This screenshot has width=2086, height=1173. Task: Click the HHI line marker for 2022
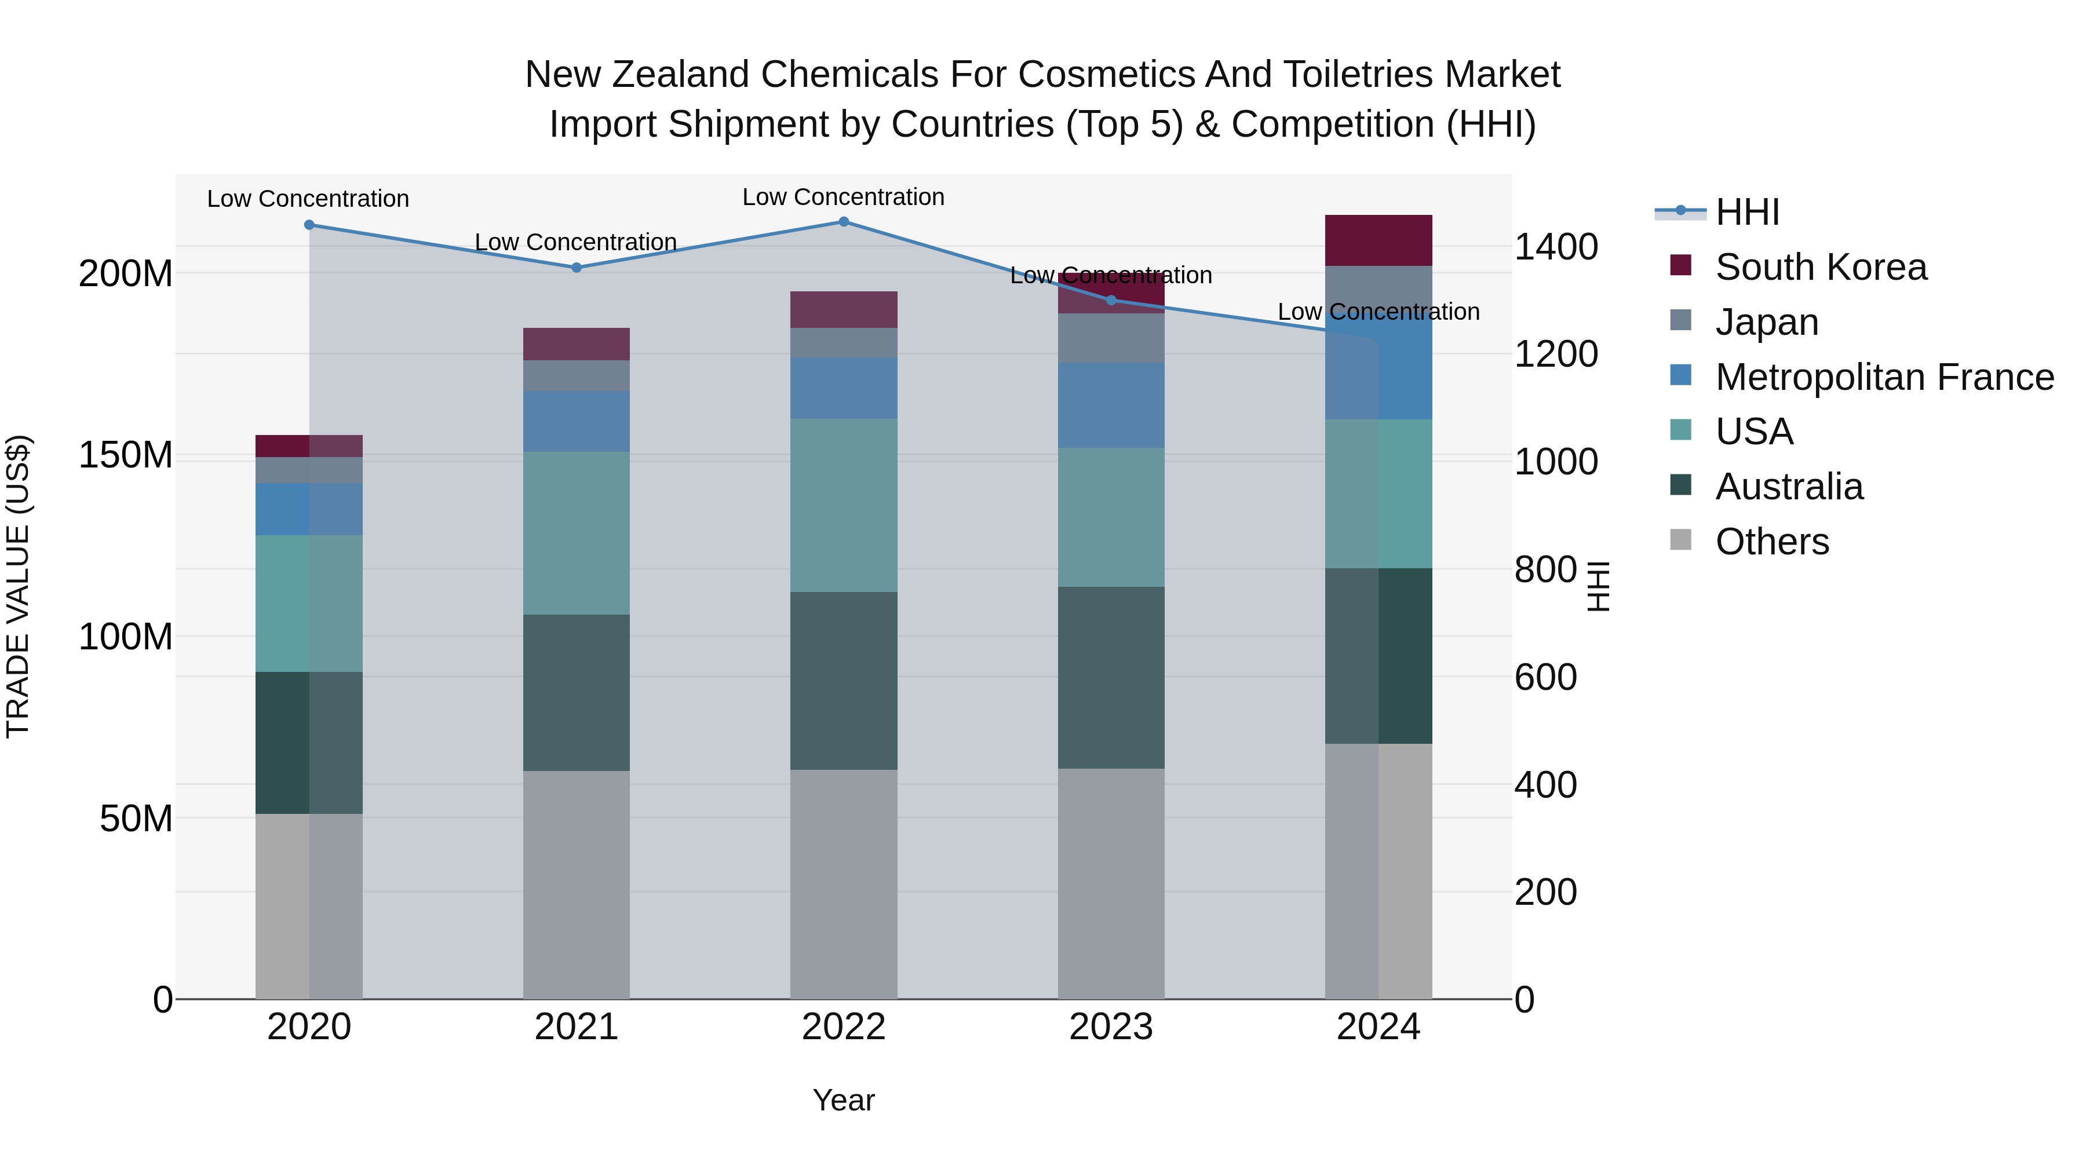(843, 222)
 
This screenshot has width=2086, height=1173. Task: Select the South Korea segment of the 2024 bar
(1378, 240)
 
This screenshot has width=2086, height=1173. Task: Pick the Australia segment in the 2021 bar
(576, 692)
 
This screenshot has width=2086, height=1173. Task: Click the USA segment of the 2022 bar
(843, 505)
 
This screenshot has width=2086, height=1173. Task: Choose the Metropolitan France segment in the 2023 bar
(1110, 405)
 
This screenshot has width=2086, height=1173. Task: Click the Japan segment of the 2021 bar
(576, 375)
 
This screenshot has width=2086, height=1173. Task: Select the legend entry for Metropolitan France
(1884, 377)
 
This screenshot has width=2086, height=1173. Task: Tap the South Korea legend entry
(1821, 267)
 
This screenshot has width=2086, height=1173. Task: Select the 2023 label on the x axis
(1110, 1027)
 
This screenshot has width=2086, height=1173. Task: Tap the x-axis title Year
(843, 1100)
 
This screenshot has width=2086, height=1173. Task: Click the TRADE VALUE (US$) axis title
(18, 586)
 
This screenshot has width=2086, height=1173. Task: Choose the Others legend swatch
(1680, 540)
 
